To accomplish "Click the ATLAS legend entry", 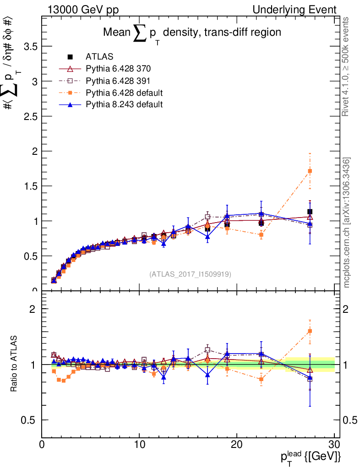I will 99,57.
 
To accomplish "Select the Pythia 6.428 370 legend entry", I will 118,69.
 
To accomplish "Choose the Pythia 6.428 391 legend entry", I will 118,81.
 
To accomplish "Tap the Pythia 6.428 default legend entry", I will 124,93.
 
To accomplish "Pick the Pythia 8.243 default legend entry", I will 124,104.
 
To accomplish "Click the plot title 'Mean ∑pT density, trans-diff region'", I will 191,33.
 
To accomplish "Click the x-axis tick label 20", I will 237,444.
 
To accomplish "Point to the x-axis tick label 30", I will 334,444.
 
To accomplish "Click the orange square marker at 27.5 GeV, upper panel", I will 310,171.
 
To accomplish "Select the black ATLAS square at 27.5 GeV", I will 310,212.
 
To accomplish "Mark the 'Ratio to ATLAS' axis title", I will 15,364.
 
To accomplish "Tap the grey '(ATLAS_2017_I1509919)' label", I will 190,274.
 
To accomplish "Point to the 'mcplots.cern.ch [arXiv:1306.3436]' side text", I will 347,223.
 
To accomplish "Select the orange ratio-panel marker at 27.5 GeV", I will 310,331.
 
